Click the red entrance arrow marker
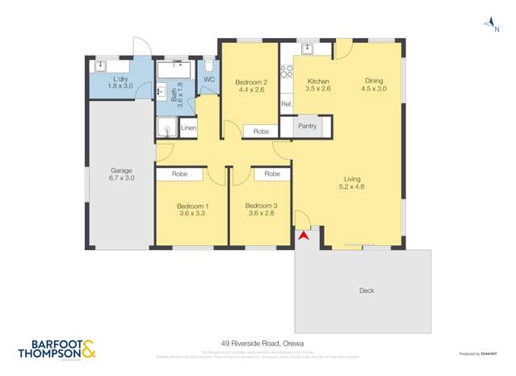coord(304,236)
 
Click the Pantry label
coord(307,126)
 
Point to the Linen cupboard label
coord(188,128)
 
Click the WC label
coord(208,79)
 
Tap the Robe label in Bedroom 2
coord(261,131)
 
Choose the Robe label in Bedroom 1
coord(179,173)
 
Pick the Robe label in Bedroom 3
coord(272,173)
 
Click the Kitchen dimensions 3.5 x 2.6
coord(318,89)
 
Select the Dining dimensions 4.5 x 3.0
coord(374,89)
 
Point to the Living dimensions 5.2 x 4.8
coord(352,187)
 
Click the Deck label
coord(366,290)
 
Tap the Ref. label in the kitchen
coord(286,105)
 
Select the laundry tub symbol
coord(101,66)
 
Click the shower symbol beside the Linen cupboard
coord(167,127)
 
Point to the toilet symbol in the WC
coord(208,65)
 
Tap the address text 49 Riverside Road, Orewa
coord(258,342)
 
